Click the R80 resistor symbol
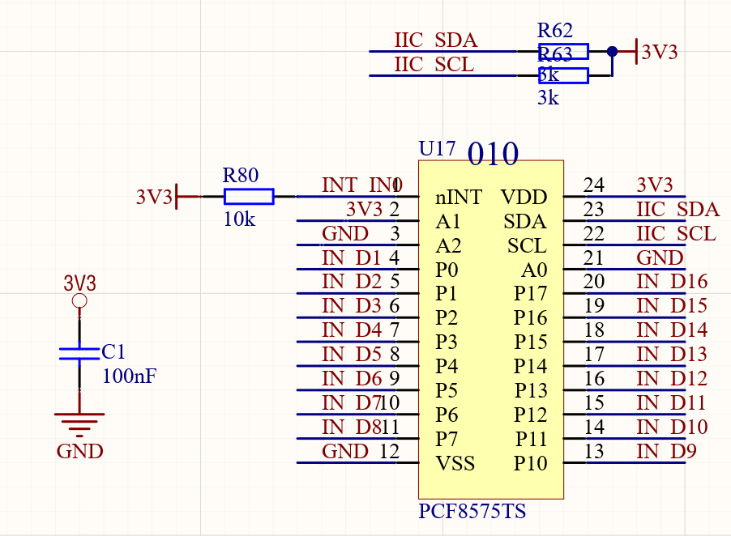coord(249,196)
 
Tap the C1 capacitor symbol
coord(79,353)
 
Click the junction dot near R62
coord(612,52)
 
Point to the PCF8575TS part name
coord(472,512)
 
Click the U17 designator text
coord(437,149)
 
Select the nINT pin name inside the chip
coord(459,198)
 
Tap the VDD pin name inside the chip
coord(524,198)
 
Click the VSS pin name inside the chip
coord(455,464)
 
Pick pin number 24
coord(594,185)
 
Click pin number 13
coord(594,452)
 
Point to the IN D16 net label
coord(672,282)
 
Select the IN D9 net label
coord(666,452)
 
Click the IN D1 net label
coord(351,257)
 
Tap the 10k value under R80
coord(239,219)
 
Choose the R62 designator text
coord(555,31)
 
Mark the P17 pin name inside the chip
coord(531,294)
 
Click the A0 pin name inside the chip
coord(534,270)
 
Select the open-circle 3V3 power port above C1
coord(79,301)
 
